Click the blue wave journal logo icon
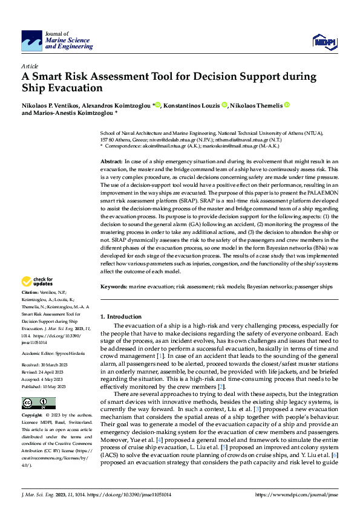pyautogui.click(x=31, y=41)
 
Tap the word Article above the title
pyautogui.click(x=30, y=65)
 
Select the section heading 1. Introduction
pyautogui.click(x=121, y=316)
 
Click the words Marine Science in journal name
pyautogui.click(x=68, y=40)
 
